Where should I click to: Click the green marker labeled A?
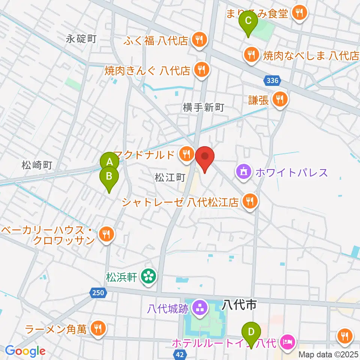(109, 162)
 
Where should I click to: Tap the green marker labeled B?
(109, 176)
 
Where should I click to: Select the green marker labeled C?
(248, 21)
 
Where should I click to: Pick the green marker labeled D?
(251, 331)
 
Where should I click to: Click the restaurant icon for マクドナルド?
(186, 153)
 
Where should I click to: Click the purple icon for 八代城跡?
(199, 308)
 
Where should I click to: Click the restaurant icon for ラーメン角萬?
(99, 329)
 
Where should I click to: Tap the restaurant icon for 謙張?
(279, 99)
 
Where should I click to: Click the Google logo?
(25, 351)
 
